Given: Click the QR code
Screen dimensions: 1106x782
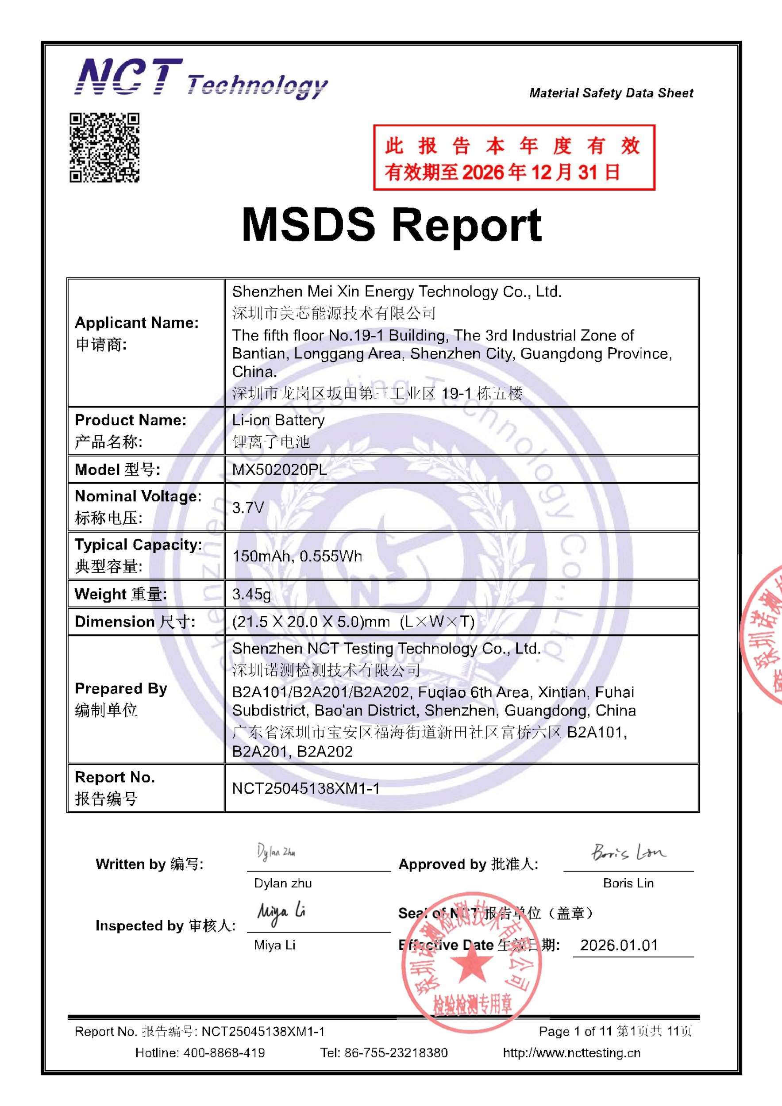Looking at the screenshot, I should (x=104, y=147).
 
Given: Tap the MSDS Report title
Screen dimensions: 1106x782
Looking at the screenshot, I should (x=391, y=224).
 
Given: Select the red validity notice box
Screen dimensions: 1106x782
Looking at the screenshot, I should (x=514, y=157).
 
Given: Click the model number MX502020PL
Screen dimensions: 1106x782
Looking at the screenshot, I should (x=279, y=470).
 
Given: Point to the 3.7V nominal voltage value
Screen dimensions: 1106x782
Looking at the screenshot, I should (x=248, y=507).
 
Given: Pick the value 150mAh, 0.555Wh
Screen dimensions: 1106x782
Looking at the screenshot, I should (x=297, y=557).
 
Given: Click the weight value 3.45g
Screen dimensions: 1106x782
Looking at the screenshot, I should (x=251, y=594).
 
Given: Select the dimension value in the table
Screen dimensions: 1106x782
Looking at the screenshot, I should (x=353, y=622).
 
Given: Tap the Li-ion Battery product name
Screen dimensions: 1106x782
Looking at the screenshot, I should (x=278, y=420).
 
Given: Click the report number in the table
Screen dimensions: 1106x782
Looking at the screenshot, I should (x=306, y=788).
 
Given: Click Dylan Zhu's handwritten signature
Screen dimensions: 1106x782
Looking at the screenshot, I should (x=276, y=852).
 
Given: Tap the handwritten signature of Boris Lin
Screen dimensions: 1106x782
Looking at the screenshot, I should (x=628, y=852).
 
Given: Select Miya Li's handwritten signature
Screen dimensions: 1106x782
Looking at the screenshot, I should (x=281, y=912).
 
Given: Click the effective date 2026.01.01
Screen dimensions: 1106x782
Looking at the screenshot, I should (x=619, y=945).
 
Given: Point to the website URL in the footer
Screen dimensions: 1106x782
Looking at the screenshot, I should (x=571, y=1053).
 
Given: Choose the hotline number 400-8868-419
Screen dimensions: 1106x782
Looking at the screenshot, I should (x=223, y=1053).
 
